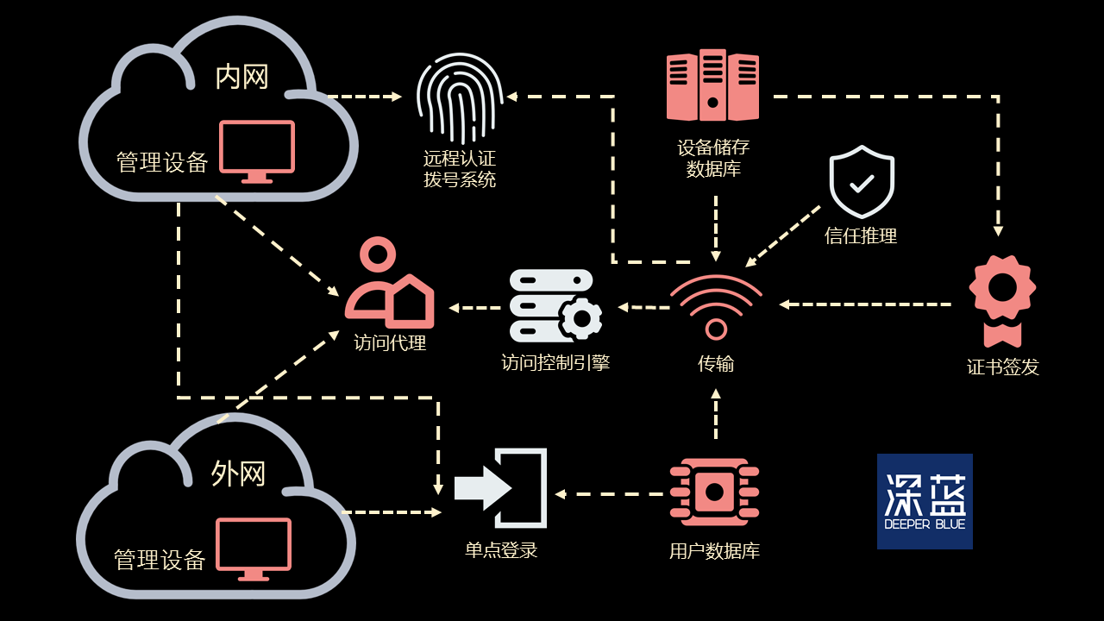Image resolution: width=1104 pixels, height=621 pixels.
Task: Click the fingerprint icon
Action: pos(459,99)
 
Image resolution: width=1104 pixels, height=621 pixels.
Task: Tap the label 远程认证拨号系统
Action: pos(459,169)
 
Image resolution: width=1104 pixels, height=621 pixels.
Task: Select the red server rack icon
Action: pos(712,85)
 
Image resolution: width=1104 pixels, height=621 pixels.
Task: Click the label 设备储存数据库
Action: pos(713,158)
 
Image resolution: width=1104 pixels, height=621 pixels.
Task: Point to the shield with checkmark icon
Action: pos(862,182)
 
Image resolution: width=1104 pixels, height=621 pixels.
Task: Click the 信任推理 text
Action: pos(861,235)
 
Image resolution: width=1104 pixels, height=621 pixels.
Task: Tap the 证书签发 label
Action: pos(1002,367)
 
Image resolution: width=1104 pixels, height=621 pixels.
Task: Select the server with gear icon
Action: pos(555,306)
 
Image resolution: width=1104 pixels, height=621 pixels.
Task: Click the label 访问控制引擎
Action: pos(555,363)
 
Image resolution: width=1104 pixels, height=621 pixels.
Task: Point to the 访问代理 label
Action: pos(390,342)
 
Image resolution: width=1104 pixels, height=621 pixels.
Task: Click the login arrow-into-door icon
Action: pos(501,488)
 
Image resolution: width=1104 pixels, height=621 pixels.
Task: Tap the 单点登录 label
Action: pos(501,550)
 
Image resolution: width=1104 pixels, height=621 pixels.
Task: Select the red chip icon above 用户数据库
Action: pos(714,492)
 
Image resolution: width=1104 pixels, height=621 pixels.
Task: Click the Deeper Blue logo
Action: pos(925,501)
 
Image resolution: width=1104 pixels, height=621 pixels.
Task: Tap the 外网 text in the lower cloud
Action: pos(238,474)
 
